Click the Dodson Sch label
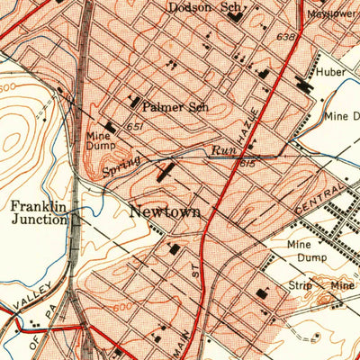[206, 7]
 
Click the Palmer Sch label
[175, 107]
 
